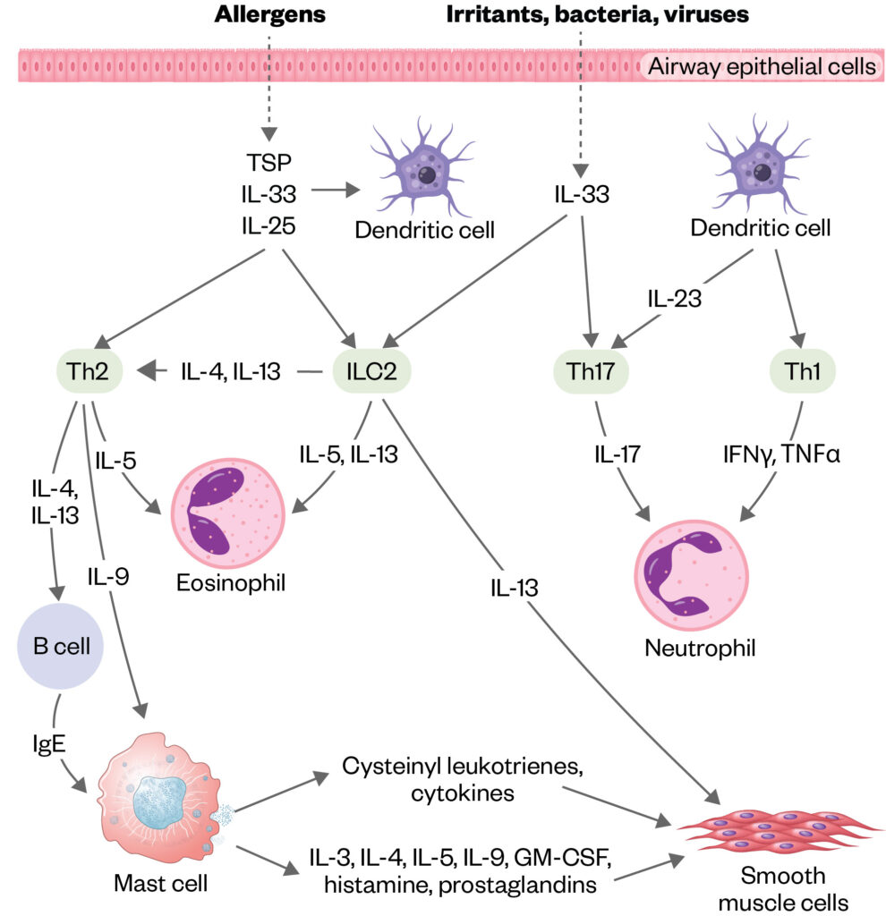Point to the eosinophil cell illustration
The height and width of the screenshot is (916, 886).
pyautogui.click(x=224, y=511)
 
